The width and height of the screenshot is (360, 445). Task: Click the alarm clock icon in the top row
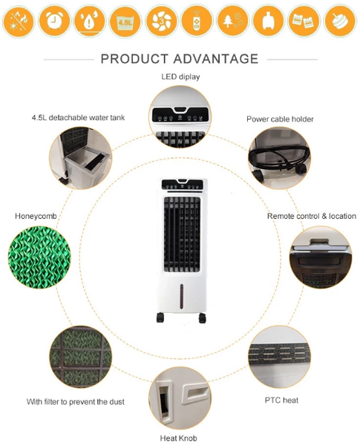click(54, 21)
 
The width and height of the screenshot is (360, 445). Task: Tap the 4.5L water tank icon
click(125, 21)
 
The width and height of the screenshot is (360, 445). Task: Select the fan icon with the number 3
click(161, 21)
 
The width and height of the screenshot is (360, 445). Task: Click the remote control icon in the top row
click(197, 21)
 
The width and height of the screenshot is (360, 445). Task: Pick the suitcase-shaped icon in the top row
click(268, 21)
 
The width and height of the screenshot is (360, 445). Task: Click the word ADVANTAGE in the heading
click(216, 59)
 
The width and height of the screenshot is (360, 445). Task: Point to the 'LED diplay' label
click(180, 76)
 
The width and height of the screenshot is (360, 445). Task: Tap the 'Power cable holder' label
click(280, 119)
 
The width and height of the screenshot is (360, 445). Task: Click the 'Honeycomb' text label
click(36, 216)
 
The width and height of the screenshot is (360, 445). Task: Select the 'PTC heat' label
click(281, 400)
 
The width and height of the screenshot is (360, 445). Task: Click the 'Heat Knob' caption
click(178, 438)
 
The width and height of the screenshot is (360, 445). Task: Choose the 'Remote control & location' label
click(312, 216)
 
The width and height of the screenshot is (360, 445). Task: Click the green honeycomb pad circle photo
click(39, 257)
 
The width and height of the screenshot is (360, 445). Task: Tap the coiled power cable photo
click(279, 158)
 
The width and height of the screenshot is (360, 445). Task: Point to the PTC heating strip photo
click(279, 357)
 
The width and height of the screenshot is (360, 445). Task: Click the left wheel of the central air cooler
click(160, 317)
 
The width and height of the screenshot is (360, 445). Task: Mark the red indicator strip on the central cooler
click(182, 297)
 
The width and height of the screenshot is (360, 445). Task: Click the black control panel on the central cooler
click(183, 184)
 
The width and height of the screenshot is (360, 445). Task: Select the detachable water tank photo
click(80, 158)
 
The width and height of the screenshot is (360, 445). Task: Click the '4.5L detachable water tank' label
click(78, 117)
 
